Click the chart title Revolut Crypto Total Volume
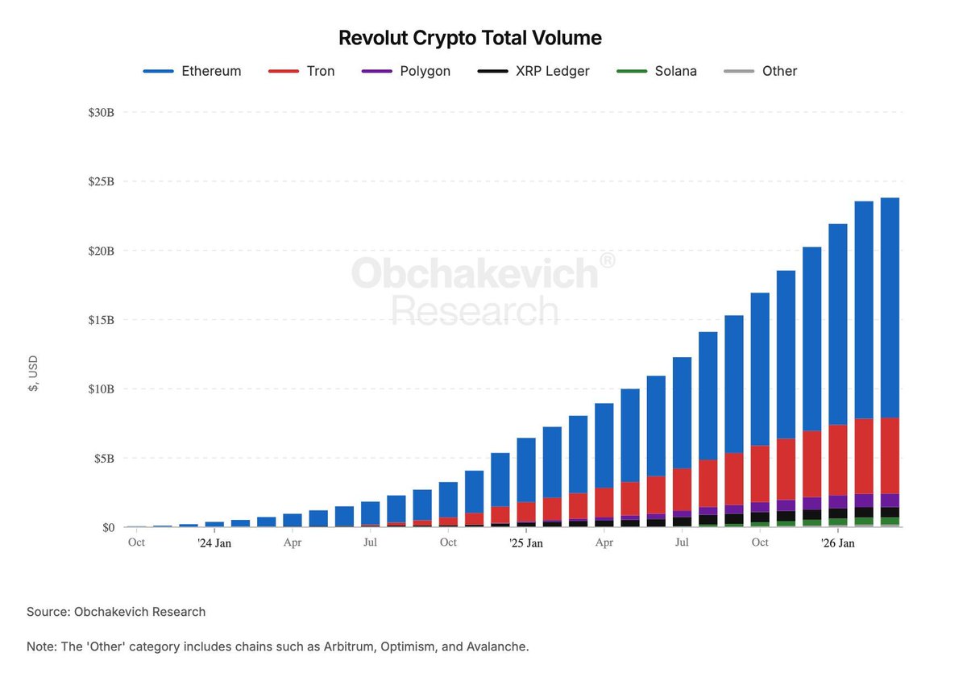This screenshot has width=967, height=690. click(470, 38)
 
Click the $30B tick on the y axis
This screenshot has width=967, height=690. click(102, 113)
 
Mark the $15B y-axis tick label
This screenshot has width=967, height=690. click(102, 320)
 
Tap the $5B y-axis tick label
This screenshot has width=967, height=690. click(105, 459)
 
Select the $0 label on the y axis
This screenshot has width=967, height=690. click(108, 528)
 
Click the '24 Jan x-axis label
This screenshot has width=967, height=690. click(214, 543)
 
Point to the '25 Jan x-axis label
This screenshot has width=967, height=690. click(525, 543)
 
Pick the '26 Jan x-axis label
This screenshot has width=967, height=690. click(837, 543)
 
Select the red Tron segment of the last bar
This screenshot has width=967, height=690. click(890, 456)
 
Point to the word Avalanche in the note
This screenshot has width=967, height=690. click(496, 646)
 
